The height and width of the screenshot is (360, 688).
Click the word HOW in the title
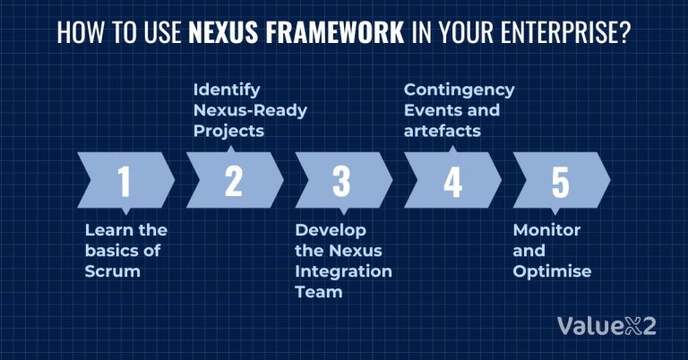pyautogui.click(x=77, y=33)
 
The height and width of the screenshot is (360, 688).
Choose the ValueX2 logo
pyautogui.click(x=606, y=326)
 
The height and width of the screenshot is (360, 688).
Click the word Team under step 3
pyautogui.click(x=314, y=291)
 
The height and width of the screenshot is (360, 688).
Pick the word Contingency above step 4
pyautogui.click(x=459, y=90)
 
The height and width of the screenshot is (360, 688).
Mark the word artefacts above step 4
pyautogui.click(x=443, y=131)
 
